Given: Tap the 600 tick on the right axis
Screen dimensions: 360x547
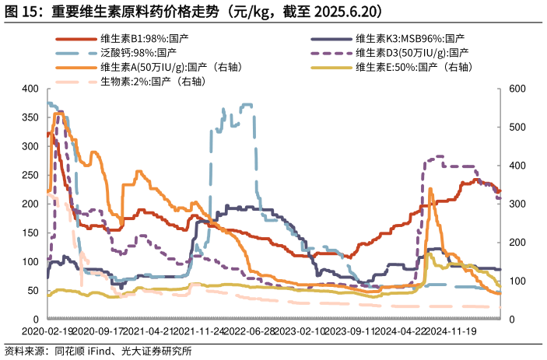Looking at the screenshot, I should pyautogui.click(x=516, y=89).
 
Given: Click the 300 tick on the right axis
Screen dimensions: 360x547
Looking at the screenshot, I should pyautogui.click(x=516, y=204).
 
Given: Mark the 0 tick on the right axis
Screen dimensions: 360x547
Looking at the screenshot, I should pyautogui.click(x=510, y=320).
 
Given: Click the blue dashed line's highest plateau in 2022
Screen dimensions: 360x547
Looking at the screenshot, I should pyautogui.click(x=247, y=104).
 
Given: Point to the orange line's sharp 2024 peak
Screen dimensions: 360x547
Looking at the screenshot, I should pyautogui.click(x=431, y=189).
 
